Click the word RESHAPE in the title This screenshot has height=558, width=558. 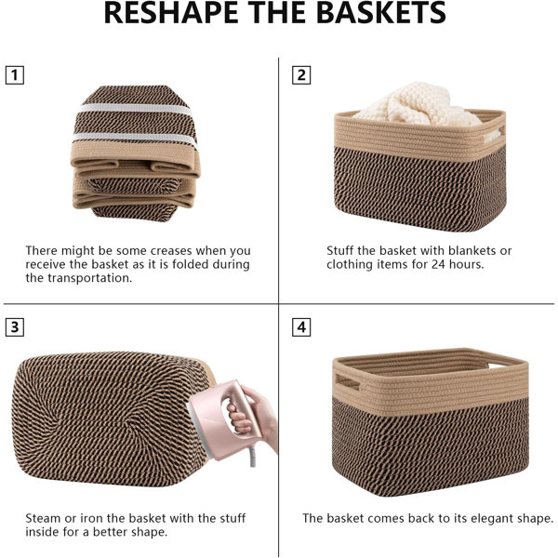(171, 12)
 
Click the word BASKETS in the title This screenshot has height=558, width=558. (380, 12)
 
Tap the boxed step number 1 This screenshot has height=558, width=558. (15, 75)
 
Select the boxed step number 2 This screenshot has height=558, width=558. (301, 75)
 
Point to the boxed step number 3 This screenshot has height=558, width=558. (15, 326)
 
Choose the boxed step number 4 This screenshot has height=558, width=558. (301, 326)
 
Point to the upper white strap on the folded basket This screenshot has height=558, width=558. (136, 109)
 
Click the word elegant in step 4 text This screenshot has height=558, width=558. (493, 519)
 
